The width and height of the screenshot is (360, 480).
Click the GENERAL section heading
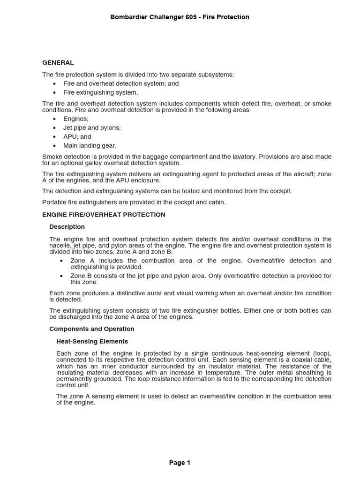[x=58, y=62]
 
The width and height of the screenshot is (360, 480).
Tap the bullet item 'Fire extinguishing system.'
[x=100, y=92]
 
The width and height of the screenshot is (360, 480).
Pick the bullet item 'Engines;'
[x=76, y=119]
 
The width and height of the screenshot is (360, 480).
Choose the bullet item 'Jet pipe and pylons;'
[x=92, y=128]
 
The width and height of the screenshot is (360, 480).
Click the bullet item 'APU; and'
[x=77, y=137]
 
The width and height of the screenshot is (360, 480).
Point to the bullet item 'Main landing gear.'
[x=90, y=146]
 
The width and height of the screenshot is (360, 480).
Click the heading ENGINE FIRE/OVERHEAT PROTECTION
[x=104, y=215]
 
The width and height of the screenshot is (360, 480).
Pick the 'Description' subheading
[x=67, y=227]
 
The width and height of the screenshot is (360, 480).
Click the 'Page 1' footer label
[x=180, y=463]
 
